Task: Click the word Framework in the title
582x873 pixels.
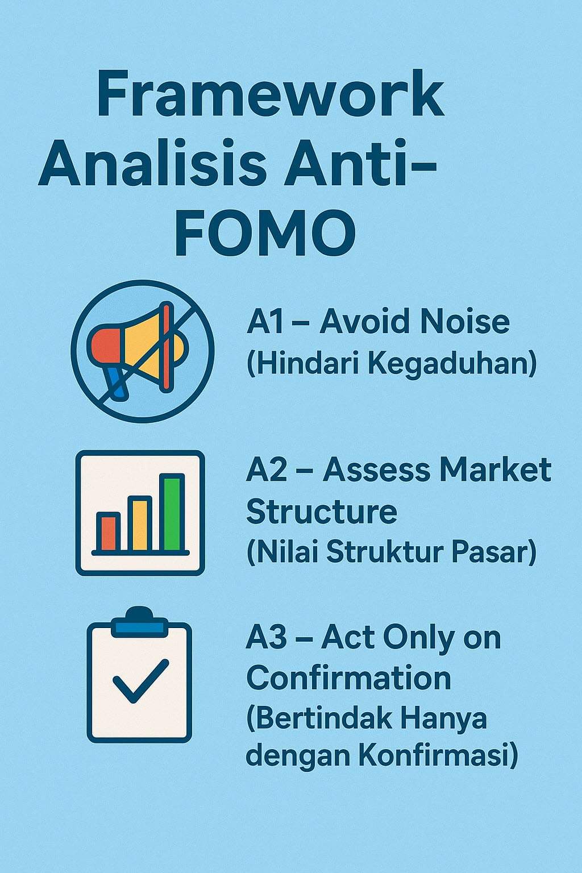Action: (x=270, y=94)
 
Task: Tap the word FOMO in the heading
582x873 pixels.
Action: (x=265, y=232)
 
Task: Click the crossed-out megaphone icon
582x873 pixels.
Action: (x=143, y=351)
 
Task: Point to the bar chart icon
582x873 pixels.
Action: (x=140, y=513)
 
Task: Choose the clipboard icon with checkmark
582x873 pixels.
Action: (x=139, y=676)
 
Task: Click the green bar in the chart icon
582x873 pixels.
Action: (x=172, y=513)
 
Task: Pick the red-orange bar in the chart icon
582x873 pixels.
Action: (x=108, y=532)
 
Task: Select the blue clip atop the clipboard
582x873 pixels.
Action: (x=139, y=624)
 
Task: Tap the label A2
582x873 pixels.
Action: (x=267, y=471)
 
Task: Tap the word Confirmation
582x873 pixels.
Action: (x=348, y=679)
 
